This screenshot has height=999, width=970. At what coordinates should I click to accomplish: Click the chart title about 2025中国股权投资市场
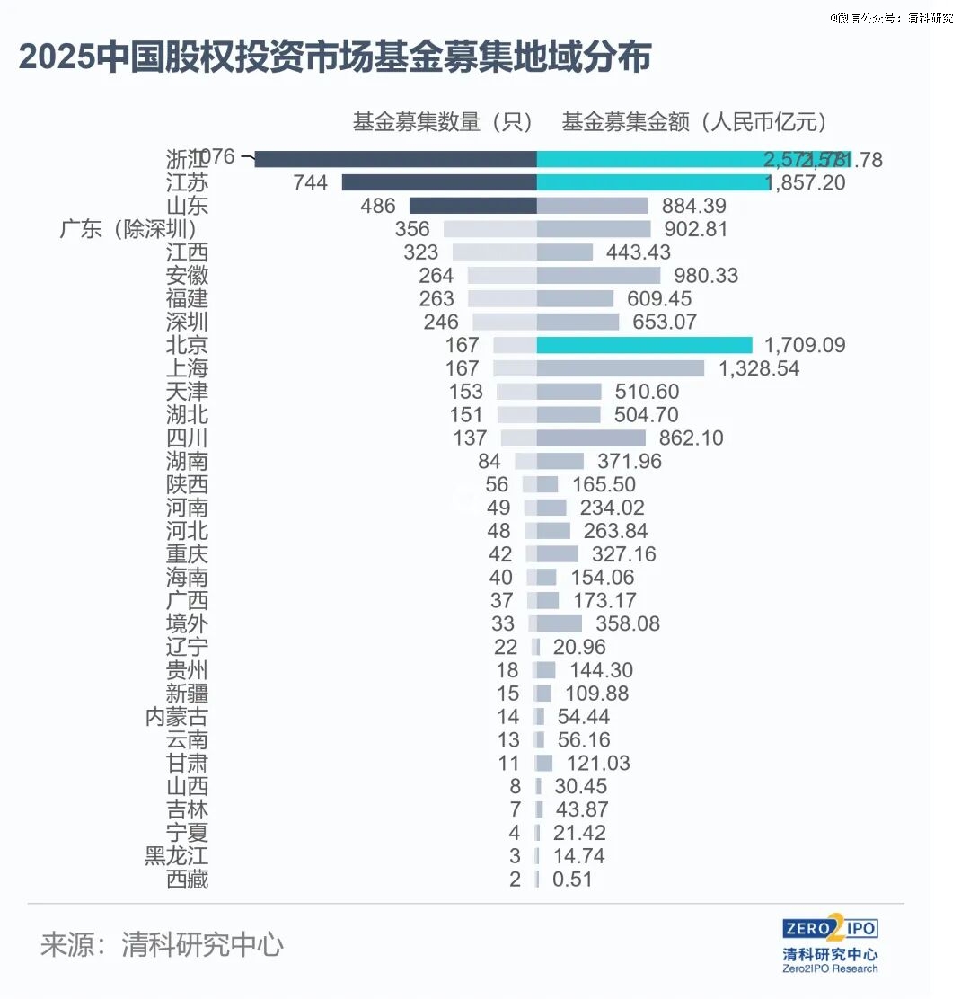(x=334, y=58)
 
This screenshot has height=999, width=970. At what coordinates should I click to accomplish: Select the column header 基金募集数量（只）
(x=443, y=122)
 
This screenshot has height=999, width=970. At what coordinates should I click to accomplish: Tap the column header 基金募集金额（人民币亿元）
(x=694, y=122)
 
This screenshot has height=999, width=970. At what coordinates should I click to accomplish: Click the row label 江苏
(x=187, y=182)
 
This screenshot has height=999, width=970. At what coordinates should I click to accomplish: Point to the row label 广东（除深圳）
(x=128, y=229)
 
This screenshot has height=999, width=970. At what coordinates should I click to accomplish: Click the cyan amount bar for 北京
(x=644, y=345)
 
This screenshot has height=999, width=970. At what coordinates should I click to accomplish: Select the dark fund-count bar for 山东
(x=472, y=206)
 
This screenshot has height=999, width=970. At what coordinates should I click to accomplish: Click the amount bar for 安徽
(x=598, y=276)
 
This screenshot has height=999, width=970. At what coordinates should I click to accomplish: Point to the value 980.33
(x=701, y=276)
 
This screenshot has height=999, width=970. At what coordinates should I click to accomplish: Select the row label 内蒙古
(x=176, y=717)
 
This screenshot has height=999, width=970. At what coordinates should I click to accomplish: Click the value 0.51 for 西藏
(x=572, y=880)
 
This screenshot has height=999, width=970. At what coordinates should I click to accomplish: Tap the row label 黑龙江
(x=176, y=856)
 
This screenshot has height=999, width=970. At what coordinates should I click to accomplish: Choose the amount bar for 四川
(x=591, y=438)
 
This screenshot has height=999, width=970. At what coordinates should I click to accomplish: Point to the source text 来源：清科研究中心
(x=162, y=944)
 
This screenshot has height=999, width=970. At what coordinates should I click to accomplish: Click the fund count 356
(x=411, y=229)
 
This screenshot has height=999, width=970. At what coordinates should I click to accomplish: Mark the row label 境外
(x=187, y=623)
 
